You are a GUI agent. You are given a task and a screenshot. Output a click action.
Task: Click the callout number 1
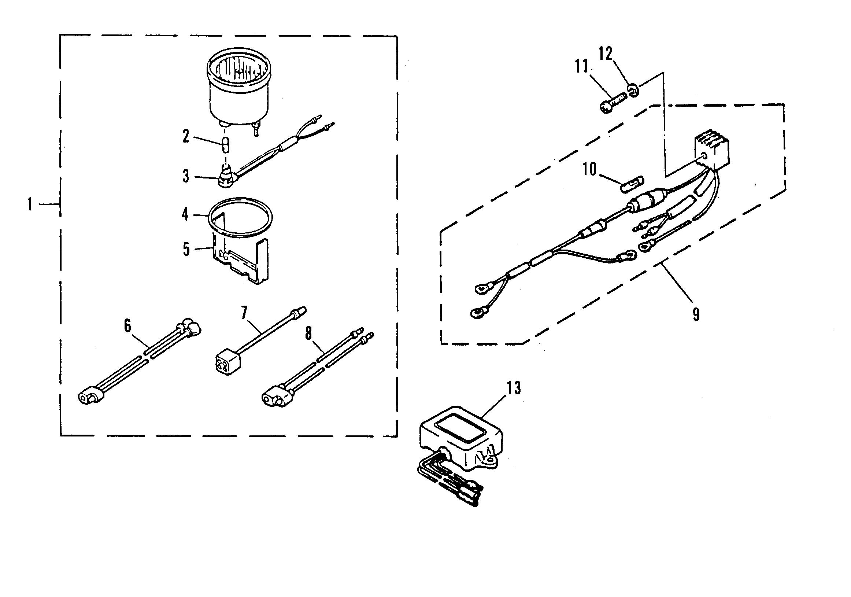[30, 204]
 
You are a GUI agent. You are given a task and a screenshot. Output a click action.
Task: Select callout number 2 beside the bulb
[185, 137]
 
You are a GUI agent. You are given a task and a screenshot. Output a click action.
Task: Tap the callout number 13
[514, 388]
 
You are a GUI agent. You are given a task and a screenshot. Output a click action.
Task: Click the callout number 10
[589, 169]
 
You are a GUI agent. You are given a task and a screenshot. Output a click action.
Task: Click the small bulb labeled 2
[225, 144]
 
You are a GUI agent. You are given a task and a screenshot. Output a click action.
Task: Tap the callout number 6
[127, 326]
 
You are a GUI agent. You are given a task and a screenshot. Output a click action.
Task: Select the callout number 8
[308, 334]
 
